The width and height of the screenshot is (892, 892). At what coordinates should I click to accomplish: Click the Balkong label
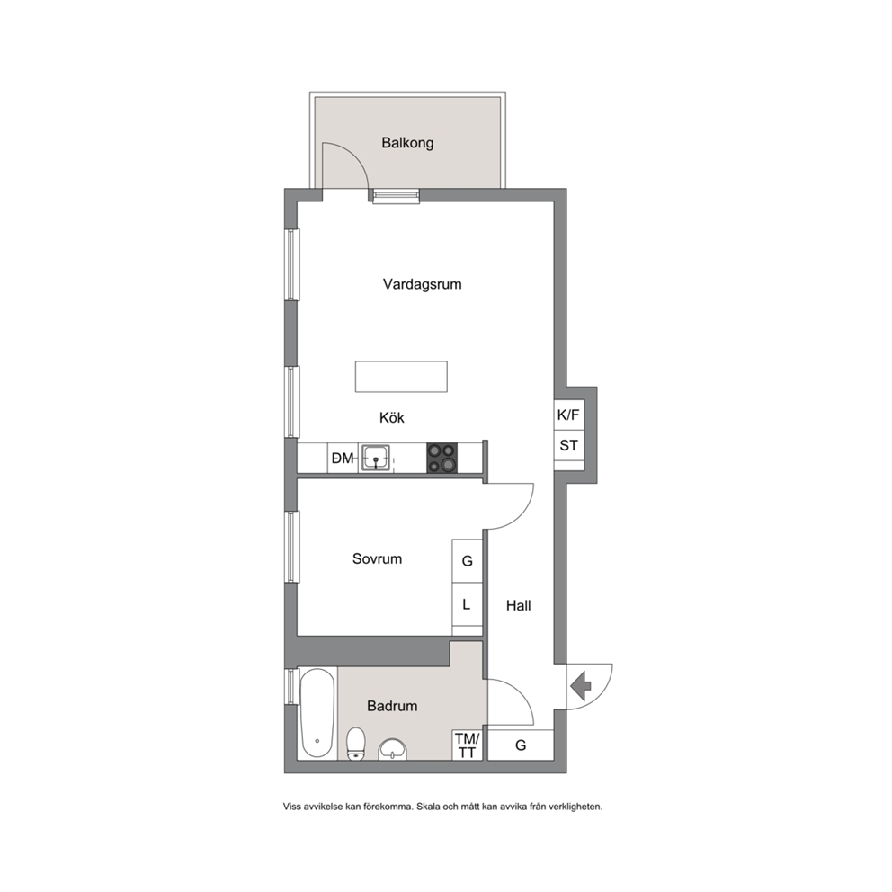tap(407, 143)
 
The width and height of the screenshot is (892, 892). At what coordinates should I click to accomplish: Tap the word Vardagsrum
tap(422, 284)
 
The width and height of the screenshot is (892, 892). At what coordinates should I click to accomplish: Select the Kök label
tap(391, 417)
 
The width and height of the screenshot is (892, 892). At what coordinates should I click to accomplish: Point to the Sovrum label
tap(377, 558)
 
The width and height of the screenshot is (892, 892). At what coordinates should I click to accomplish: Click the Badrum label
tap(392, 706)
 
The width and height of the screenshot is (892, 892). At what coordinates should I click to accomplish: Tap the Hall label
tap(518, 605)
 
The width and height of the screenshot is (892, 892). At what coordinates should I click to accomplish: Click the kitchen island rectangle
tap(401, 377)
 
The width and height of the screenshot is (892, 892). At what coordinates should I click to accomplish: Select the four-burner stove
tap(442, 458)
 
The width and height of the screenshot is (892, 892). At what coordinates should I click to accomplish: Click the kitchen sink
tap(376, 458)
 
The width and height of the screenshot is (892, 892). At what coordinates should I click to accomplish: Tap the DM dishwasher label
tap(343, 458)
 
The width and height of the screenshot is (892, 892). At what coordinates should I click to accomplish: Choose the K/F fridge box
tap(568, 415)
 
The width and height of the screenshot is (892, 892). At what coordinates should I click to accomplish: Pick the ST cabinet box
tap(568, 445)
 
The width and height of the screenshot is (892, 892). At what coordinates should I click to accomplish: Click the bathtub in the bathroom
tap(317, 713)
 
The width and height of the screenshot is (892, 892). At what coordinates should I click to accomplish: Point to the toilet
tap(356, 744)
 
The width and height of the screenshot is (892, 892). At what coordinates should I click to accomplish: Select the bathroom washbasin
tap(393, 749)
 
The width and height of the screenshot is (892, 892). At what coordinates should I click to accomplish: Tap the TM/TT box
tap(467, 745)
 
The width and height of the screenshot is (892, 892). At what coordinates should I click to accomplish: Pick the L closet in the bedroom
tap(467, 604)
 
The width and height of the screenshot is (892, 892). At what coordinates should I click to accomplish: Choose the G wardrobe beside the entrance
tap(521, 745)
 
